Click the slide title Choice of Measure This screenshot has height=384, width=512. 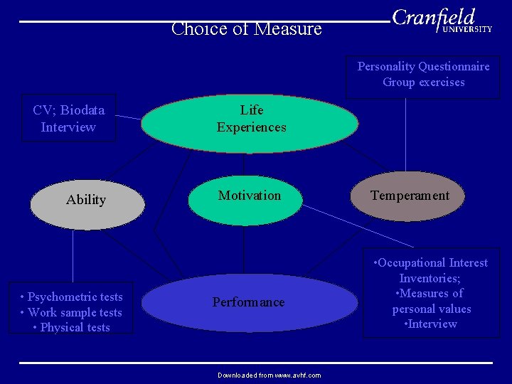click(x=247, y=29)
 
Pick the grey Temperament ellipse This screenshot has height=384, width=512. click(x=410, y=196)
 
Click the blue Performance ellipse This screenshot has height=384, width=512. click(x=249, y=303)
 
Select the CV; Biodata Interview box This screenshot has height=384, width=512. click(x=68, y=118)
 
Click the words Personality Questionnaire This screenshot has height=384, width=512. click(x=423, y=67)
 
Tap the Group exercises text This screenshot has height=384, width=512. click(x=423, y=82)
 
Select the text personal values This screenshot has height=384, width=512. click(x=432, y=309)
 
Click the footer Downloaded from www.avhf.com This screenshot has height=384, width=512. click(x=269, y=375)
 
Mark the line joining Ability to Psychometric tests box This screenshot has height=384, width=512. click(x=73, y=256)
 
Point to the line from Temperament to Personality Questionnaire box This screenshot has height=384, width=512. click(x=406, y=135)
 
